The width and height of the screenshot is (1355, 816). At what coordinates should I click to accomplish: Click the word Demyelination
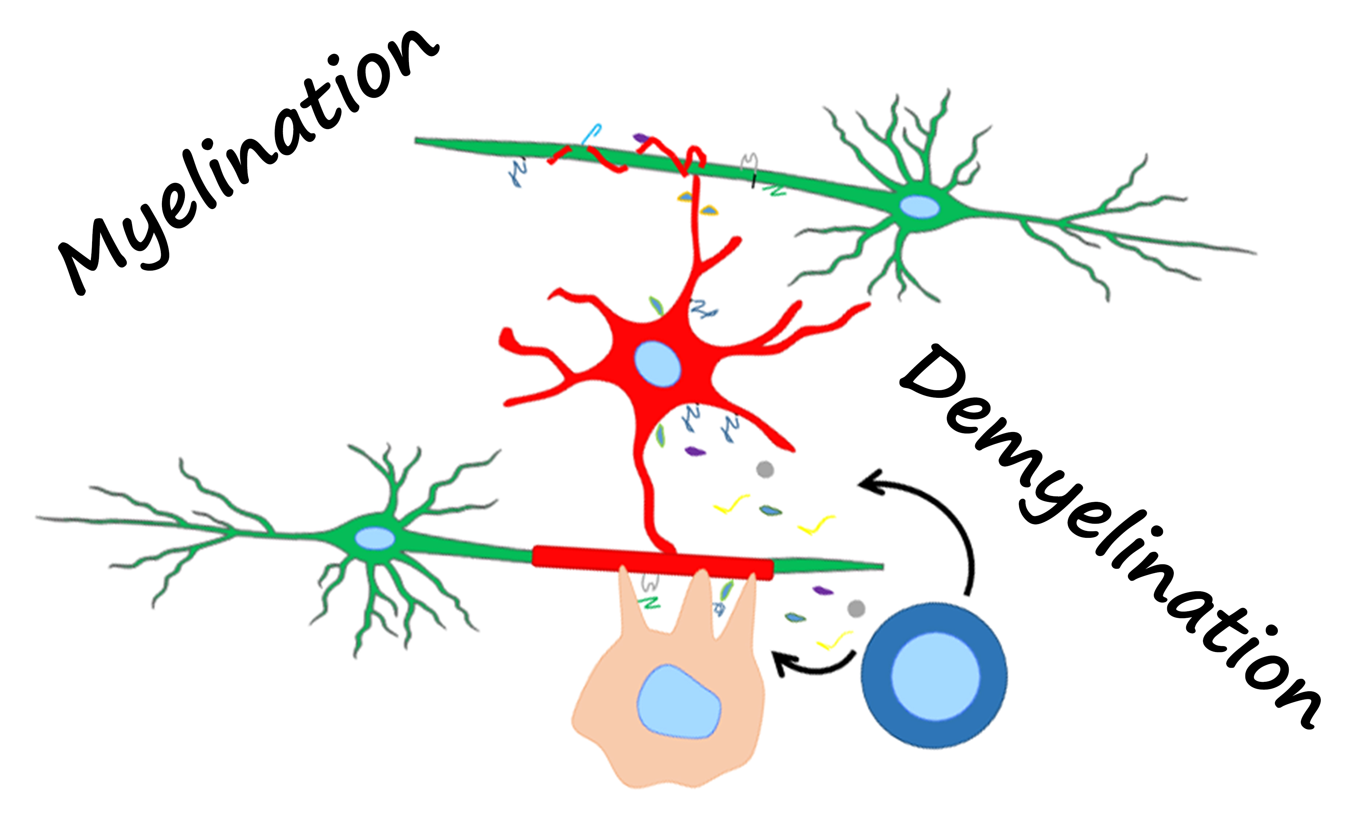click(x=1111, y=539)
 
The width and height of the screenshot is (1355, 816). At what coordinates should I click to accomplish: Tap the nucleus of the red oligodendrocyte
click(x=657, y=364)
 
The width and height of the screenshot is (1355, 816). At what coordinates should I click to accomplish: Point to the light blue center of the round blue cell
click(x=935, y=676)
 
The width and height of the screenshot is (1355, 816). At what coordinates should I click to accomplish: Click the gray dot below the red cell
click(x=765, y=470)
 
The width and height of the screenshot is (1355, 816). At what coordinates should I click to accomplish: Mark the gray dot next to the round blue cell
click(x=856, y=608)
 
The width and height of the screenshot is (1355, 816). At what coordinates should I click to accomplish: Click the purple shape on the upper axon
click(x=640, y=137)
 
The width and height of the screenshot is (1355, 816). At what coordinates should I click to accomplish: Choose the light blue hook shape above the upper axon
click(x=592, y=133)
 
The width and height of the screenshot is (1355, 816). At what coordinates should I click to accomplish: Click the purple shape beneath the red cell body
click(x=695, y=452)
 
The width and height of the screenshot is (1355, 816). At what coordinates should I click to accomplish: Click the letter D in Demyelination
click(x=935, y=374)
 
